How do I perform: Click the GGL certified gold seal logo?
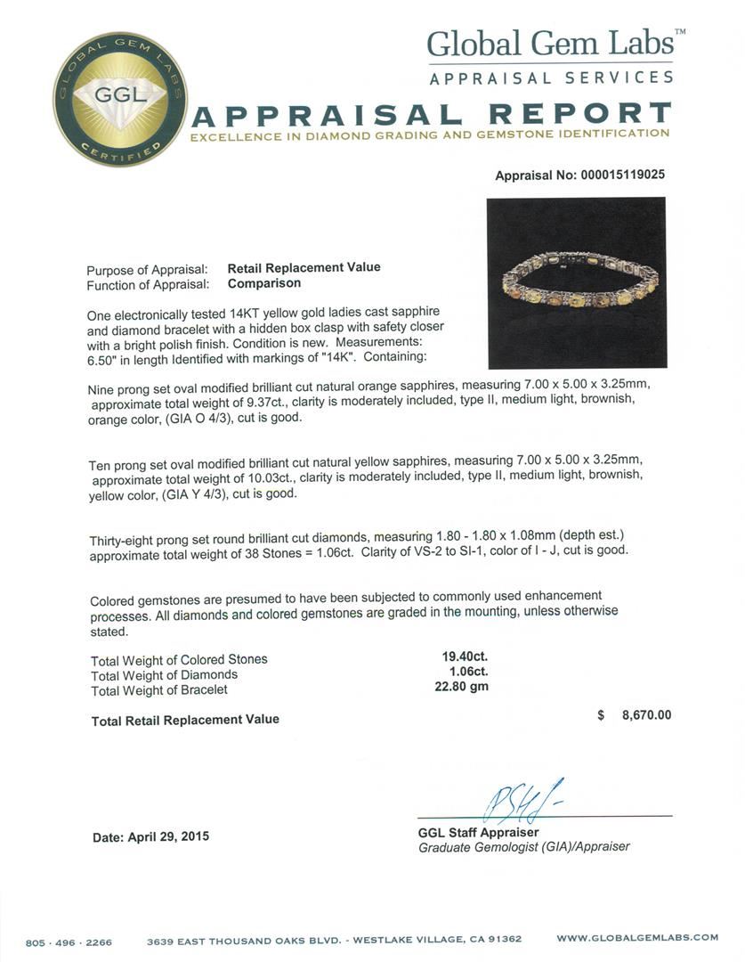pyautogui.click(x=118, y=99)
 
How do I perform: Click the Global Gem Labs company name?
pyautogui.click(x=556, y=44)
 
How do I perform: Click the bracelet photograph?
pyautogui.click(x=577, y=283)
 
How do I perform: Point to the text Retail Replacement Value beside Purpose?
pyautogui.click(x=304, y=267)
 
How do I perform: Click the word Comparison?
pyautogui.click(x=264, y=283)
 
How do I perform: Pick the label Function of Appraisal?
pyautogui.click(x=148, y=284)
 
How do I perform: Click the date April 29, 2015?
pyautogui.click(x=151, y=836)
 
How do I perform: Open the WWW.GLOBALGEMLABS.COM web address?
pyautogui.click(x=636, y=938)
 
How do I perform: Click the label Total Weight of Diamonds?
pyautogui.click(x=164, y=674)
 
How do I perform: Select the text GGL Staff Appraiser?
pyautogui.click(x=478, y=832)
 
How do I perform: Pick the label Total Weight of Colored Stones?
pyautogui.click(x=179, y=660)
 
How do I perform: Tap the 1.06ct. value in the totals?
pyautogui.click(x=465, y=672)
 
